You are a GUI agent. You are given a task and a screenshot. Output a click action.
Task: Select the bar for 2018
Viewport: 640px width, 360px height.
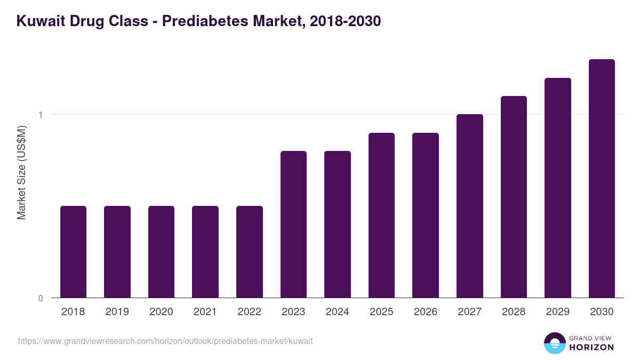coord(73,252)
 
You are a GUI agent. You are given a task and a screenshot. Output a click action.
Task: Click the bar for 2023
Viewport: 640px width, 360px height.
coord(293,224)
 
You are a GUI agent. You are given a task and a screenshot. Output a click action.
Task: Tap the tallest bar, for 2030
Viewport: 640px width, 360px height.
coord(602,179)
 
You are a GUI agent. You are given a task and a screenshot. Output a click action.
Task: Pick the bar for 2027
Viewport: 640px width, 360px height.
coord(470,206)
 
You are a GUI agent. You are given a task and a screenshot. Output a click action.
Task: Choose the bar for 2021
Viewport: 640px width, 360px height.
coord(205,252)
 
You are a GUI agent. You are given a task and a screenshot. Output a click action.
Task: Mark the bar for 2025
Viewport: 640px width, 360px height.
coord(381,215)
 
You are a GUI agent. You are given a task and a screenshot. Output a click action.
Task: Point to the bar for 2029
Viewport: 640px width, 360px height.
coord(558,188)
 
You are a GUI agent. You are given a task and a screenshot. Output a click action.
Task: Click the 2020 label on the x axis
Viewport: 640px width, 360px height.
coord(161,312)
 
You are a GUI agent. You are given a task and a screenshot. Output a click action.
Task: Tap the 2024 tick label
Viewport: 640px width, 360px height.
coord(338,312)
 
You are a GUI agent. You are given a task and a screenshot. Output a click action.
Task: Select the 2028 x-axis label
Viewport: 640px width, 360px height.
coord(514,312)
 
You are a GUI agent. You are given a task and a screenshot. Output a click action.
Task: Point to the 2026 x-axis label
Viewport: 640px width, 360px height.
coord(426,312)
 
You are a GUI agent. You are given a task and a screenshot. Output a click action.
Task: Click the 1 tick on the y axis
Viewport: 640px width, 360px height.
coord(41,115)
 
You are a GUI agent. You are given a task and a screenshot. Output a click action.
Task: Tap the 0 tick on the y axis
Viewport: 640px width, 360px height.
coord(41,298)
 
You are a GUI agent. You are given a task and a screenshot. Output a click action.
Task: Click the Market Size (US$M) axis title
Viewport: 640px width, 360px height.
coord(22,172)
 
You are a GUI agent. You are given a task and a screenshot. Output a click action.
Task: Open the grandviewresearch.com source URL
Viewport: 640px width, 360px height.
coord(165,341)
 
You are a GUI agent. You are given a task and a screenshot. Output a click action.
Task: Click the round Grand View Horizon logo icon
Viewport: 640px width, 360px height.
coord(554,343)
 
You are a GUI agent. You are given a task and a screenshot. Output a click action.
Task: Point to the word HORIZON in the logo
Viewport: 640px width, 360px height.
coord(591,347)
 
